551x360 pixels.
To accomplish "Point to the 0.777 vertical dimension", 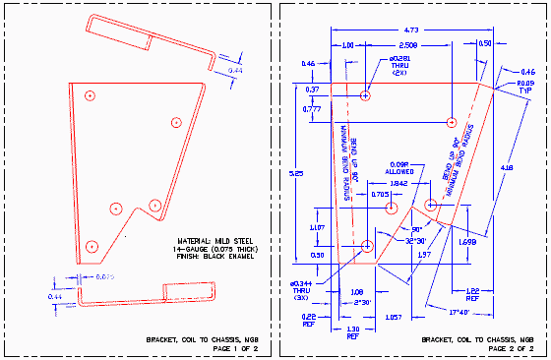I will coord(312,109).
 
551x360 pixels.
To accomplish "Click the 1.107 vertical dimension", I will coord(317,227).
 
